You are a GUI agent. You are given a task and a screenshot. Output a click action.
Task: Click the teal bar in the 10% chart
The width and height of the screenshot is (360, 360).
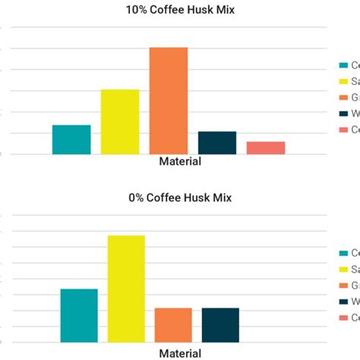pos(71,140)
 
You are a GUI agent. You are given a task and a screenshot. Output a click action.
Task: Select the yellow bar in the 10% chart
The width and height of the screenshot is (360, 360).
pos(120,122)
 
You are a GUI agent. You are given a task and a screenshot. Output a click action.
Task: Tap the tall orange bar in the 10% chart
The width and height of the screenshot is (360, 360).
pos(168,101)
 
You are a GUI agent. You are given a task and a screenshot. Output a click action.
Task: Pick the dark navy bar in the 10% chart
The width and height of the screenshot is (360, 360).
pos(217,143)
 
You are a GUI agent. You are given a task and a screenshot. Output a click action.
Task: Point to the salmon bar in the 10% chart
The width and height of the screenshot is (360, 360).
pos(266,148)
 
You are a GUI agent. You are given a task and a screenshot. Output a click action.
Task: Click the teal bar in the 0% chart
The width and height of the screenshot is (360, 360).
pos(79,315)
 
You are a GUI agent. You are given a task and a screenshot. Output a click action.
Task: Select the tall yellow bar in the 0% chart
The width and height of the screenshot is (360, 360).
pos(126,289)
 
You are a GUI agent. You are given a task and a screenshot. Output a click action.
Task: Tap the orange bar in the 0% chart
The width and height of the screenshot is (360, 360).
pos(173,325)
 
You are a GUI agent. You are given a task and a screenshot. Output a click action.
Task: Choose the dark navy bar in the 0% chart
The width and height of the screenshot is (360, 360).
pos(220,325)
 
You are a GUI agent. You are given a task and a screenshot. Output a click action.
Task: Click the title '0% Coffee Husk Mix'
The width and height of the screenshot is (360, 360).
pos(180,198)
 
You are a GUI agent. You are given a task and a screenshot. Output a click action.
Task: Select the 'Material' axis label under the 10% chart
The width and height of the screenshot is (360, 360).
pos(180,162)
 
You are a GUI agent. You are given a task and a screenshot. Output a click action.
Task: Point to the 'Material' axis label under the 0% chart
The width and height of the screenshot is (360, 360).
pos(180,353)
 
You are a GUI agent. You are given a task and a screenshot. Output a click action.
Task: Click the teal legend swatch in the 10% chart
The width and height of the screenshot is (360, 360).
pos(344,65)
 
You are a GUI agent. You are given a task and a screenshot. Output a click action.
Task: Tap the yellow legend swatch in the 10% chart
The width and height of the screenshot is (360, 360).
pos(344,81)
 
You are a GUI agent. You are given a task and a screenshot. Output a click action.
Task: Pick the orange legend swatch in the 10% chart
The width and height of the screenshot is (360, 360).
pos(344,97)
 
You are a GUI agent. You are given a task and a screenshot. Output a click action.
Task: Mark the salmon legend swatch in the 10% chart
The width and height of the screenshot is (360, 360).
pos(344,130)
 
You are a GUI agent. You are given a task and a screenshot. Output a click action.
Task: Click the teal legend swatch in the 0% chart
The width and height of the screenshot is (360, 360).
pos(344,253)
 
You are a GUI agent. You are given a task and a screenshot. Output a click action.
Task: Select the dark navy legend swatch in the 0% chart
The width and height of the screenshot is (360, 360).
pos(344,302)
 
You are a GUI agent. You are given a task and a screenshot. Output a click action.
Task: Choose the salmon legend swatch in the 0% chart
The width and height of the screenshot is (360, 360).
pos(344,317)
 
